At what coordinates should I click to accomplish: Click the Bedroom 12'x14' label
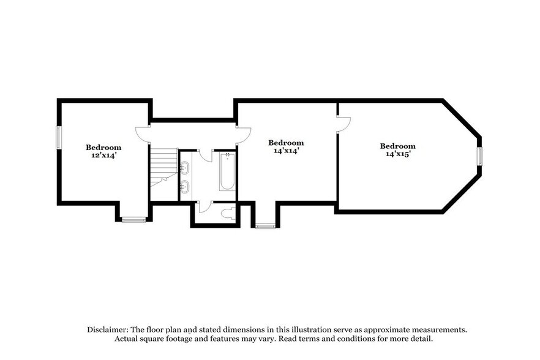(x=103, y=151)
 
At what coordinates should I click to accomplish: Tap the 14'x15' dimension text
(x=397, y=154)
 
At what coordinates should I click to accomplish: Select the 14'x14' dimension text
(x=286, y=151)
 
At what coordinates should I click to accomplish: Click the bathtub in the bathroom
(x=227, y=172)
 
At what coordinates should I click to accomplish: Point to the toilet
(x=228, y=214)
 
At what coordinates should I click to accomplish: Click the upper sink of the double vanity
(x=185, y=167)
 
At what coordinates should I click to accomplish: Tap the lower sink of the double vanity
(x=185, y=186)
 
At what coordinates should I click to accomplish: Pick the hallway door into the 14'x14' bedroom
(x=243, y=133)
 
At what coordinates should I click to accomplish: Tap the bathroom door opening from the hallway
(x=204, y=156)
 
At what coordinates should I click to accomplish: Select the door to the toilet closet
(x=204, y=207)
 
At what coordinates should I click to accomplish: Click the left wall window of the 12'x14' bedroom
(x=59, y=137)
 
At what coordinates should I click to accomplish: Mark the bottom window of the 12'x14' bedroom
(x=133, y=220)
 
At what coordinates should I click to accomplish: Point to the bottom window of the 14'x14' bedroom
(x=264, y=226)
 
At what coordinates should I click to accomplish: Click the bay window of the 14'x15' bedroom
(x=480, y=156)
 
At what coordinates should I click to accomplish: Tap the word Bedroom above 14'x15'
(x=397, y=146)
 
